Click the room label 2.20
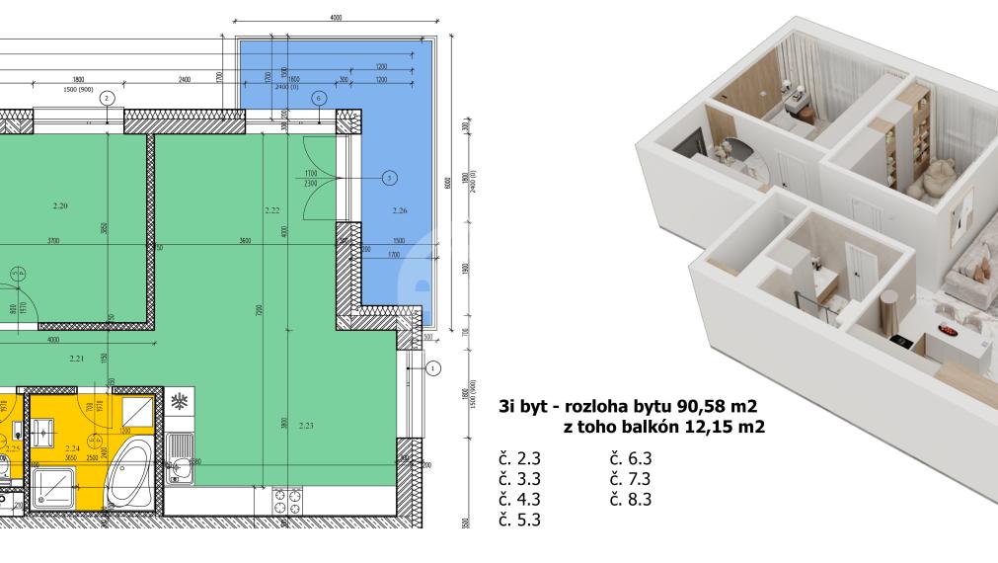58,206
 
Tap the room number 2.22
273,210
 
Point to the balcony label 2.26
399,210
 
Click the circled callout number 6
318,97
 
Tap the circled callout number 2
108,97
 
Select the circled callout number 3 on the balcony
389,178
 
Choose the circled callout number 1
431,368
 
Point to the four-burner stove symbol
286,499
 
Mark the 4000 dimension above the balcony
336,18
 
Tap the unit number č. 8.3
631,499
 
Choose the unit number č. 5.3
521,519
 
